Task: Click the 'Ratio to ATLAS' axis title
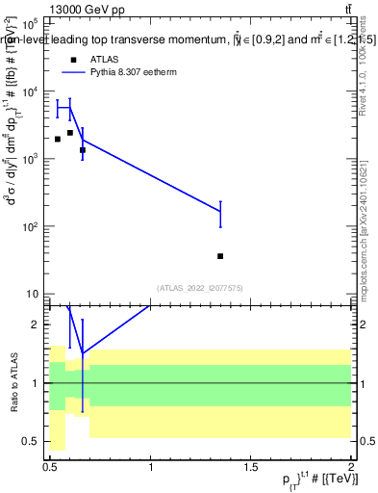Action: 13,383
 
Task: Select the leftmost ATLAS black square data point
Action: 58,139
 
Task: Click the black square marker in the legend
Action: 73,59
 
